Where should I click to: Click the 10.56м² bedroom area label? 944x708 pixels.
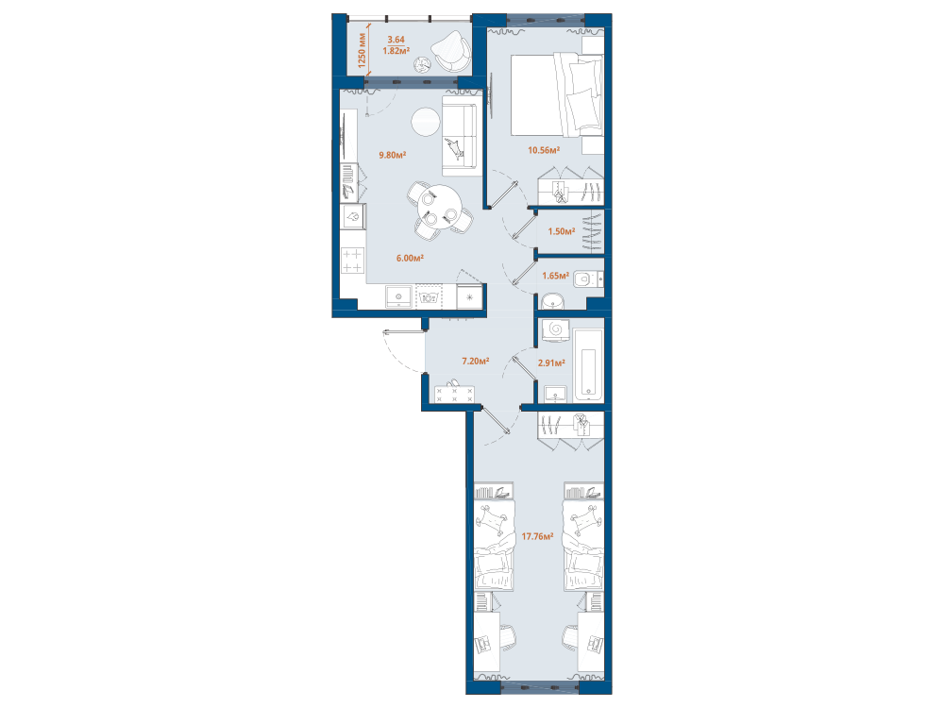click(544, 150)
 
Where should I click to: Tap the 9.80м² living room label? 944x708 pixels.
click(392, 155)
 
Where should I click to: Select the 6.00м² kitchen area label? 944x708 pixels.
click(410, 259)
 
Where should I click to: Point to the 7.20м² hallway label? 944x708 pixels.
click(475, 362)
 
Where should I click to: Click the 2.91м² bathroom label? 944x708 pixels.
click(551, 363)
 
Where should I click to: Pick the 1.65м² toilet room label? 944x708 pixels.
click(555, 276)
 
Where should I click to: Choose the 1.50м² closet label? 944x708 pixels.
click(561, 231)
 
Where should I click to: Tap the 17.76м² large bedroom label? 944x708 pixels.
click(538, 536)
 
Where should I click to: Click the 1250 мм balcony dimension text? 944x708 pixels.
click(362, 51)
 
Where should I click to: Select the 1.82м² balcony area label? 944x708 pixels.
click(396, 51)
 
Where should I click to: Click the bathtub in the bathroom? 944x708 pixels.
click(588, 364)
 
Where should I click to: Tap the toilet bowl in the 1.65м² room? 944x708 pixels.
click(585, 279)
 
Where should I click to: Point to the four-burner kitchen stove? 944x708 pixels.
click(353, 261)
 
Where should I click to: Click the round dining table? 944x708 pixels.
click(441, 205)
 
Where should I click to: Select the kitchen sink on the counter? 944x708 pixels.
click(398, 296)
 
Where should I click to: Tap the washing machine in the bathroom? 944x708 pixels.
click(556, 330)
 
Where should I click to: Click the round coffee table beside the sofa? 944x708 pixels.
click(427, 122)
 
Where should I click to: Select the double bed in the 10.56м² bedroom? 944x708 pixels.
click(557, 94)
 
